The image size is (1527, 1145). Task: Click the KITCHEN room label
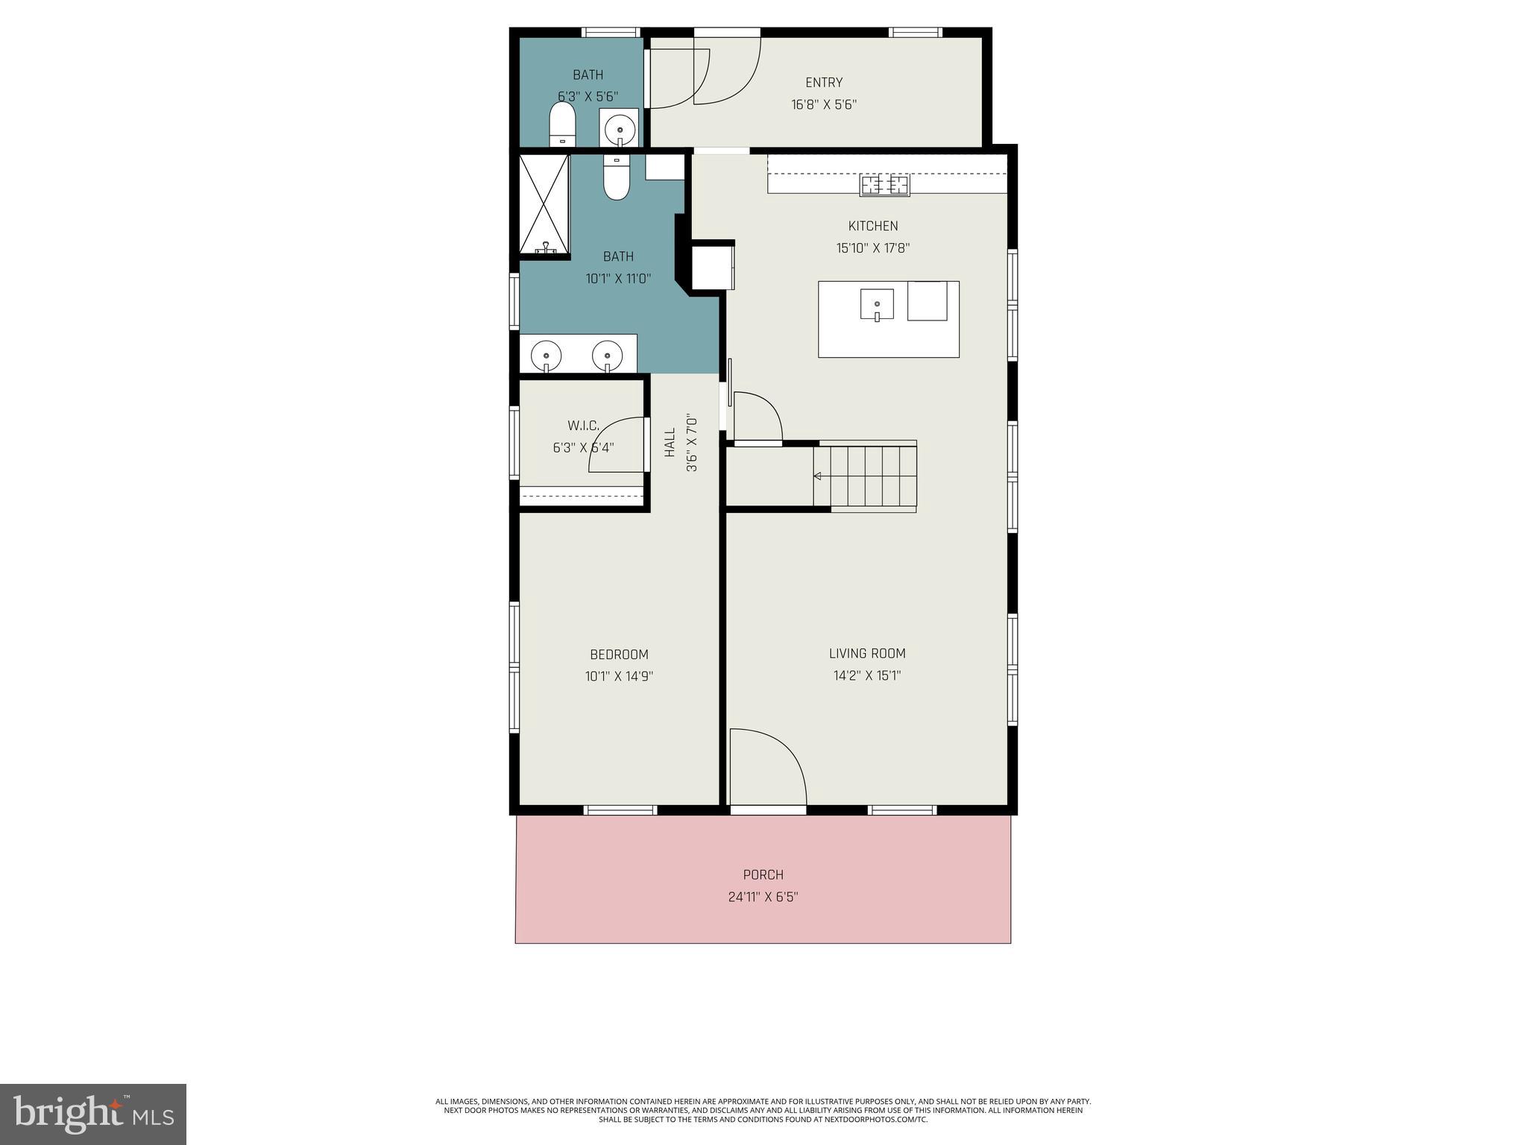coord(872,226)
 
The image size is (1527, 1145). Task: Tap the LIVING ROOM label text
coord(867,654)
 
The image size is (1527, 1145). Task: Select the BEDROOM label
coord(619,654)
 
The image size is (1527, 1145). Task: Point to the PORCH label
coord(763,874)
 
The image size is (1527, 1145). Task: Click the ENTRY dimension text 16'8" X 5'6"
coord(823,105)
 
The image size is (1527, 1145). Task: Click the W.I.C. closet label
coord(583,426)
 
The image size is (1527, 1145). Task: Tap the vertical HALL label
coord(670,443)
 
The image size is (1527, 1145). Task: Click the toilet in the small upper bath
coord(563,124)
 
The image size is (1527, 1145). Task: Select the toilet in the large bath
coord(616,179)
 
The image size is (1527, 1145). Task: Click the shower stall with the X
coord(544,203)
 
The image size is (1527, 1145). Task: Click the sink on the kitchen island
coord(878,304)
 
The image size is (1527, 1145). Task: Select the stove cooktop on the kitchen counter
coord(885,184)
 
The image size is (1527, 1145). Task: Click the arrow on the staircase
coord(818,476)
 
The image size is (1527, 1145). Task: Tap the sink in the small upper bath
coord(619,130)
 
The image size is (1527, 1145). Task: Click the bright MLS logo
coord(92,1114)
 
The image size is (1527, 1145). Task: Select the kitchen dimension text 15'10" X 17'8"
coord(872,248)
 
